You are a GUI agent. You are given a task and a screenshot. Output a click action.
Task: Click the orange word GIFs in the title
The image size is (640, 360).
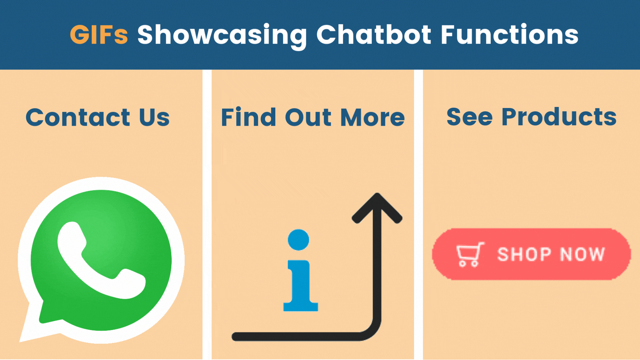point(99,35)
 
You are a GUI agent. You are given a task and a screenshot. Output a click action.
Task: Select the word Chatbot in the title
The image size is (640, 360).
point(374,35)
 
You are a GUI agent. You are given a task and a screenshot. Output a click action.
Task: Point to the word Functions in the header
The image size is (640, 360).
point(509,35)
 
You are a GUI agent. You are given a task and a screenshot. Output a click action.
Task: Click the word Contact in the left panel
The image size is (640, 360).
point(78,117)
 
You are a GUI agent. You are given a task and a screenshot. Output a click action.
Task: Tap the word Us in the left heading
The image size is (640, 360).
point(154,117)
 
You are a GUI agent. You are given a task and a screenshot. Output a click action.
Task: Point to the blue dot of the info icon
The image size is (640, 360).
point(298,240)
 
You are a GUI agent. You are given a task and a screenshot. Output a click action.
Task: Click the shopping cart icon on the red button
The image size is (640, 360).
point(470,255)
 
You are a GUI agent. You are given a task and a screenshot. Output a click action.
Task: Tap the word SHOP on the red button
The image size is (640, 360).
point(524,254)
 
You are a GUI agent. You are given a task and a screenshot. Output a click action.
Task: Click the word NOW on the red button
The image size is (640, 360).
point(582,254)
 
